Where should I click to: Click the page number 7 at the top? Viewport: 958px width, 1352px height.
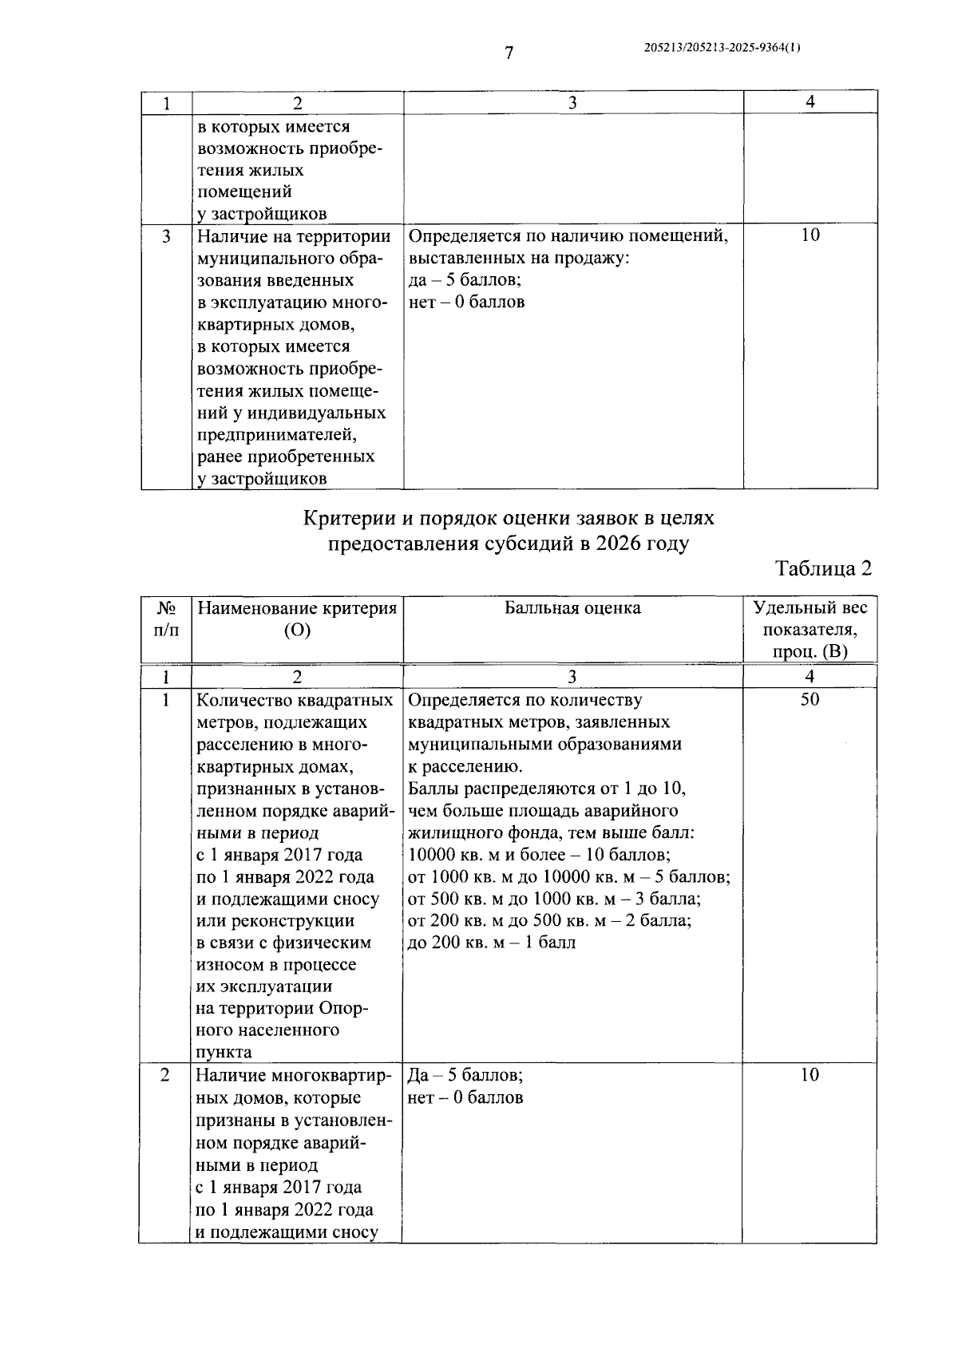pyautogui.click(x=509, y=53)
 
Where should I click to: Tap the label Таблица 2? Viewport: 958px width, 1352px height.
pyautogui.click(x=823, y=568)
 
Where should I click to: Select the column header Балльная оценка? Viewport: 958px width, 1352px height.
pyautogui.click(x=572, y=608)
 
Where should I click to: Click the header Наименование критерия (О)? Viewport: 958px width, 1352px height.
pyautogui.click(x=297, y=619)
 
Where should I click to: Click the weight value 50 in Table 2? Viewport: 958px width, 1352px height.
pyautogui.click(x=810, y=700)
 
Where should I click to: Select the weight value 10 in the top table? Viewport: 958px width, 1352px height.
pyautogui.click(x=810, y=235)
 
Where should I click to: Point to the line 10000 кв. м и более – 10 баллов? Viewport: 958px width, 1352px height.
pyautogui.click(x=539, y=855)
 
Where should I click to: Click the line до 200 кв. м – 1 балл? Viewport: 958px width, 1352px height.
pyautogui.click(x=491, y=943)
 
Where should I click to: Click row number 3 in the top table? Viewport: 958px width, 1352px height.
pyautogui.click(x=166, y=236)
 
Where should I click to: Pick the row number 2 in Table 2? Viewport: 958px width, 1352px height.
pyautogui.click(x=165, y=1075)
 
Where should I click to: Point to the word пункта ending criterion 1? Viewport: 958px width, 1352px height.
pyautogui.click(x=224, y=1052)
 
